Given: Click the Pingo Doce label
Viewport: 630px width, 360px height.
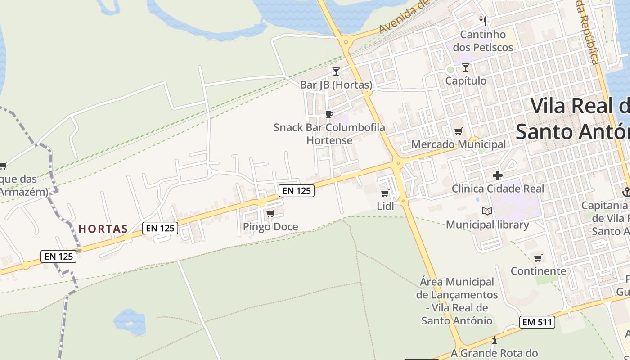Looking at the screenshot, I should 270,227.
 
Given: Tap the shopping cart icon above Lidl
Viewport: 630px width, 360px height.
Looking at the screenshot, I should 385,193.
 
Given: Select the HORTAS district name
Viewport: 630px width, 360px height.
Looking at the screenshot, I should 103,229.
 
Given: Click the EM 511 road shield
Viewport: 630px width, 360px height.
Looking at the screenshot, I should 537,322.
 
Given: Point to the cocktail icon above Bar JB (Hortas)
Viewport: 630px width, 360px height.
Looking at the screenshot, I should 336,71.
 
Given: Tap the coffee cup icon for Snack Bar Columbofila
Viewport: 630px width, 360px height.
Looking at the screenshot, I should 329,114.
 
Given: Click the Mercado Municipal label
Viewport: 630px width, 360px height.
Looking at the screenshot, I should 459,145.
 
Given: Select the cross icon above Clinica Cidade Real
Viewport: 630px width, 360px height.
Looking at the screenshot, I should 497,175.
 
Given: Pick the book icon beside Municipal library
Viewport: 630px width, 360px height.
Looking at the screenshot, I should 487,211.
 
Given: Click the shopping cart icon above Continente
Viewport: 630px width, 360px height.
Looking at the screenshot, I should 538,258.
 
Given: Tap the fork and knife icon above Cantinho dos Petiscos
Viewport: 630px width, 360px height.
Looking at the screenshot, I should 483,21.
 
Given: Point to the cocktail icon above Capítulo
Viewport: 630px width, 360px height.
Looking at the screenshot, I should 465,67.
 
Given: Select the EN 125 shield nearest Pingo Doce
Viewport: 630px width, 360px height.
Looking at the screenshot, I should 296,191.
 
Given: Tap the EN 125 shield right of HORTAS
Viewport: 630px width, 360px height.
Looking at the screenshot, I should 160,228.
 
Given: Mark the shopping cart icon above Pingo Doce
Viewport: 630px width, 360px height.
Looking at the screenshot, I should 270,213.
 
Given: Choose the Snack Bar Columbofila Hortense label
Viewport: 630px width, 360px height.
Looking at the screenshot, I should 329,134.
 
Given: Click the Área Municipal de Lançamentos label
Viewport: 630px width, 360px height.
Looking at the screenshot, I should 457,301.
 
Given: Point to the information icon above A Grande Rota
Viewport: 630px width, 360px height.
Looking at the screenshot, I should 495,340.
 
